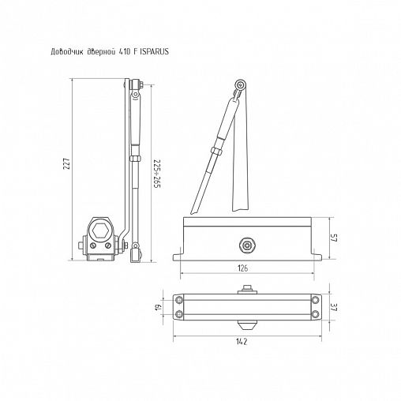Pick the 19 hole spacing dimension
157,307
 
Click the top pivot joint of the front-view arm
240,87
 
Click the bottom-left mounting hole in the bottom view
181,316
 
